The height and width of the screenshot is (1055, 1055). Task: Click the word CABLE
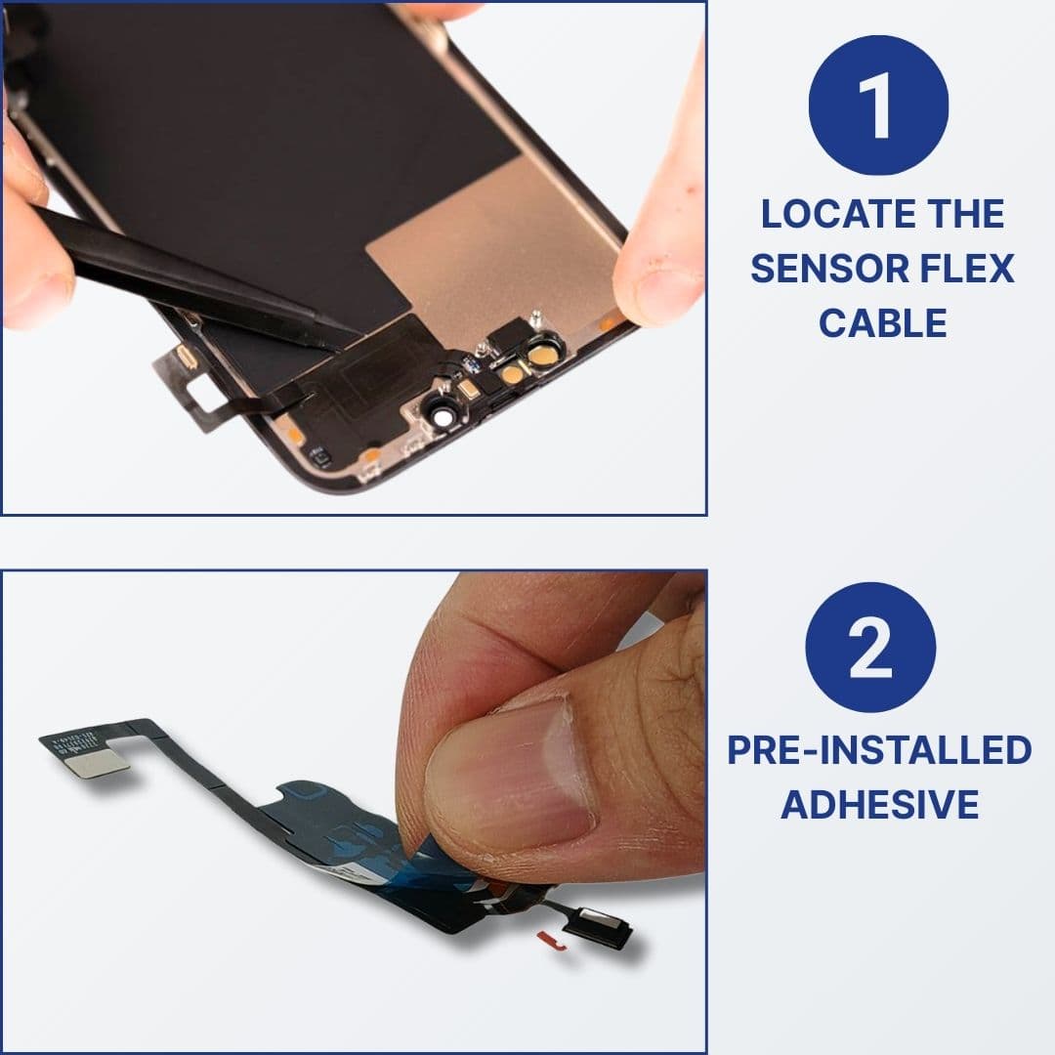882,322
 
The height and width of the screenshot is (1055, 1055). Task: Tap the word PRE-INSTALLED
879,750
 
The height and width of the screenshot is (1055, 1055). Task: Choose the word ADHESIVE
879,804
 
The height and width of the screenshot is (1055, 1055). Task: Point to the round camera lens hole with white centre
444,416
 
